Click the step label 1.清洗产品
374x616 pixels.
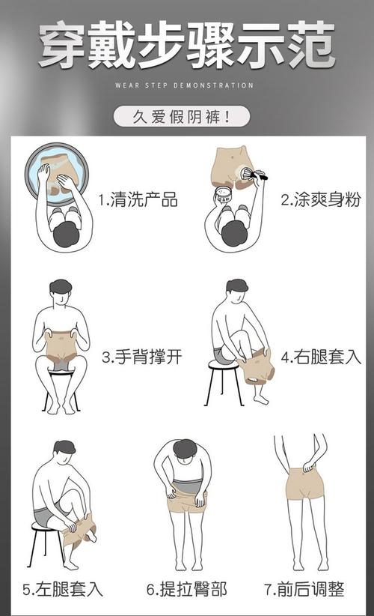tap(138, 200)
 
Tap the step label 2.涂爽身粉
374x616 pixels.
tap(321, 200)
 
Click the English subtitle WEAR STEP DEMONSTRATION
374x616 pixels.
tap(185, 85)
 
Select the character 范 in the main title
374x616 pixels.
tap(310, 44)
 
